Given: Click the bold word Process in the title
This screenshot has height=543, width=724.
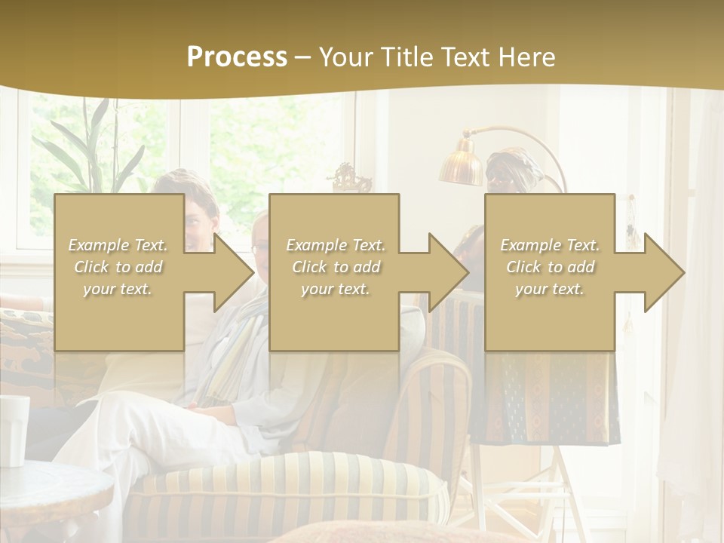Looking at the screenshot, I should point(237,57).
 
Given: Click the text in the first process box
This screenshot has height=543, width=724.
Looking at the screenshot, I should point(118,267).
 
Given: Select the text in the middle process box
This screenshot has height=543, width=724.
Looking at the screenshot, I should point(335,267).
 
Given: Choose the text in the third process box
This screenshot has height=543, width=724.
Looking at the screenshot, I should point(550,267).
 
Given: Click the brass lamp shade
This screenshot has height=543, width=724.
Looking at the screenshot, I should point(462,164).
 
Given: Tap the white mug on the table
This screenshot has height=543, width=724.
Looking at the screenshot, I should point(13,430).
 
